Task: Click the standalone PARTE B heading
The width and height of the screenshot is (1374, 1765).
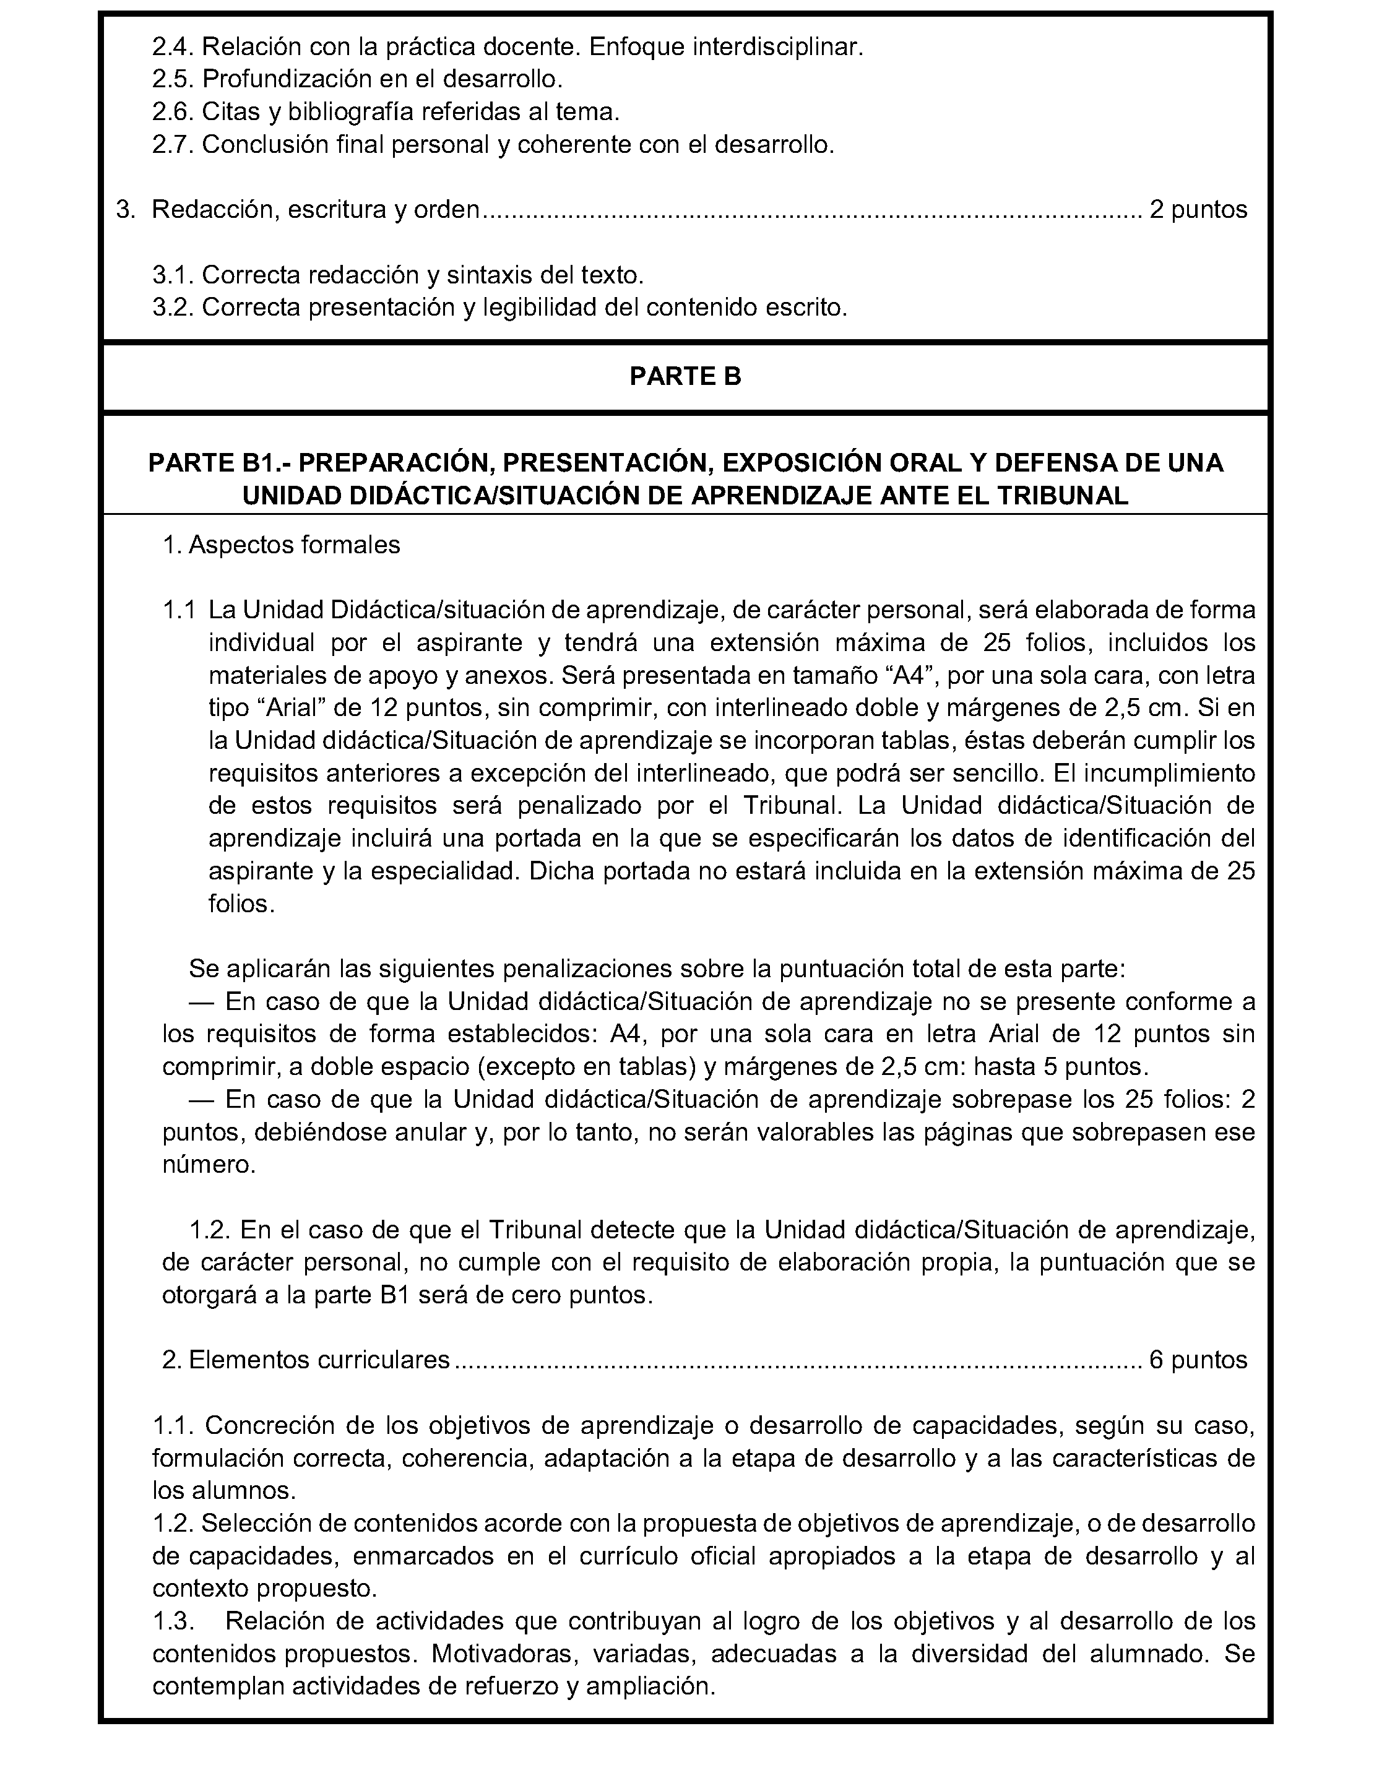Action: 685,377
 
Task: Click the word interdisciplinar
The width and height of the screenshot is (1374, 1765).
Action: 777,47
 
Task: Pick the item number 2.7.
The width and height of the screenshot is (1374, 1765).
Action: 173,145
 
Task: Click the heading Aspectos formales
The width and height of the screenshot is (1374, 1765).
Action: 294,545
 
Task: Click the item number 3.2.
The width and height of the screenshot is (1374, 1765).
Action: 173,308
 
